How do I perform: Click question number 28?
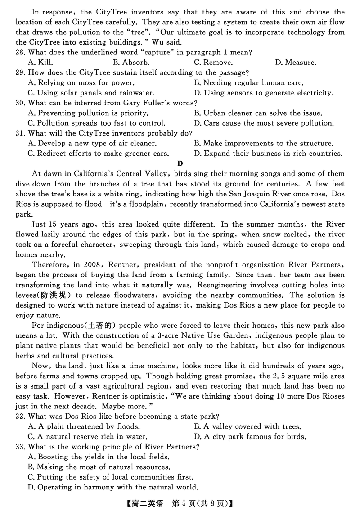coord(21,52)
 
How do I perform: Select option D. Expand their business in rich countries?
coord(268,154)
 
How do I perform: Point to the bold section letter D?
coord(180,163)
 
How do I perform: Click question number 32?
coord(21,417)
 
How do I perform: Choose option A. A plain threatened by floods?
coord(84,426)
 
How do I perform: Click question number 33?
coord(21,447)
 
